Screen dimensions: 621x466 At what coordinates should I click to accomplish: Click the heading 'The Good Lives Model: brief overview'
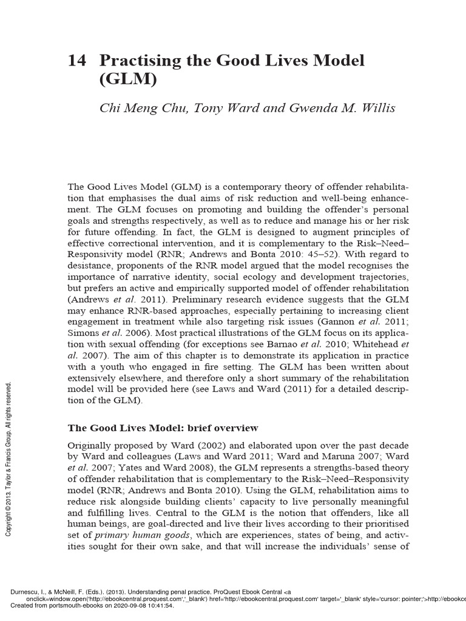[163, 428]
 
